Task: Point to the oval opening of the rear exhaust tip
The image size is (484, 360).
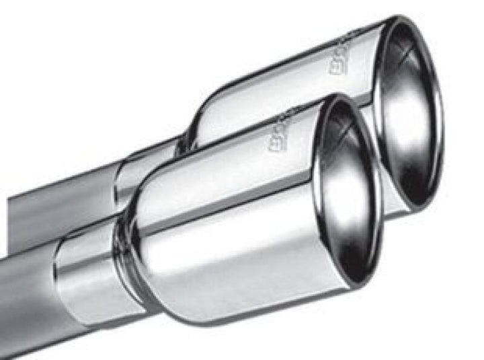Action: pyautogui.click(x=410, y=111)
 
